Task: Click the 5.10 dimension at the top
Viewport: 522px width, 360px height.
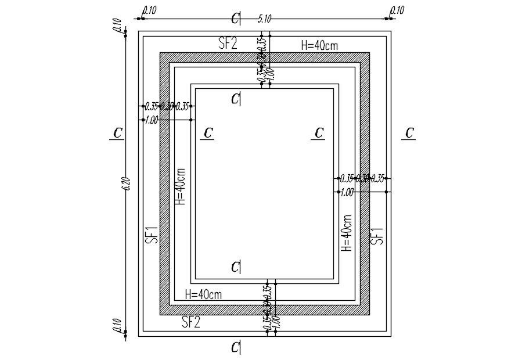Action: (x=264, y=19)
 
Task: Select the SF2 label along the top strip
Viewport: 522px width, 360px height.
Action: (x=227, y=44)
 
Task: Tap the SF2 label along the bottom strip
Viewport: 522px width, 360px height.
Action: (x=191, y=322)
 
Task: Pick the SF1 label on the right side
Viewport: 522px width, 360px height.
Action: (x=377, y=234)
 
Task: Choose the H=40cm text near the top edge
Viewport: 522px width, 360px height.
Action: (x=319, y=45)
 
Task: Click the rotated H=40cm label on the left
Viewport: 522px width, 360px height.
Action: (x=180, y=186)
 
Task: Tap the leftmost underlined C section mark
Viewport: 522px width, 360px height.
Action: (x=118, y=133)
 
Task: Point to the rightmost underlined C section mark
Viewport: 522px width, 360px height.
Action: (x=409, y=133)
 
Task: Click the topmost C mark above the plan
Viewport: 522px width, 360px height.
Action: (x=235, y=19)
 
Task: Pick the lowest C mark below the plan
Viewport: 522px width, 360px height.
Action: (x=235, y=347)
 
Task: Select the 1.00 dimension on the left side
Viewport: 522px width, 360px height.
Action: (x=152, y=120)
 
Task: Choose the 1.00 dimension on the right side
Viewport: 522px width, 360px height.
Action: (x=347, y=192)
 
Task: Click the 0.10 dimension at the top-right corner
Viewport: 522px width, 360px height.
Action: (x=397, y=10)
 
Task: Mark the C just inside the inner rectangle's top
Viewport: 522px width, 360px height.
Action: (x=235, y=99)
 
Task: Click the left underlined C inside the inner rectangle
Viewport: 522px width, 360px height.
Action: (x=207, y=133)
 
